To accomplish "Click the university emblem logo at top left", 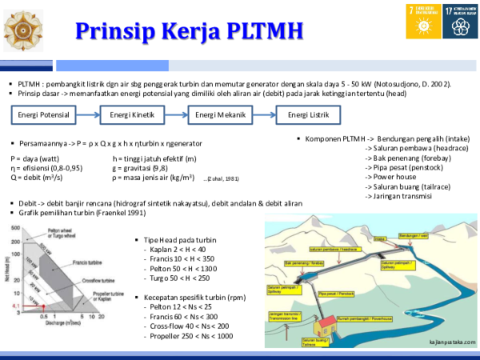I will (x=24, y=30).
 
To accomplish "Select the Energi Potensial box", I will (x=43, y=115).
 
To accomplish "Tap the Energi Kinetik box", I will (x=131, y=115).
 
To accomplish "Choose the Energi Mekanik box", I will (x=220, y=115).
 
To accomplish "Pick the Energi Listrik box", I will (x=308, y=115).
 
